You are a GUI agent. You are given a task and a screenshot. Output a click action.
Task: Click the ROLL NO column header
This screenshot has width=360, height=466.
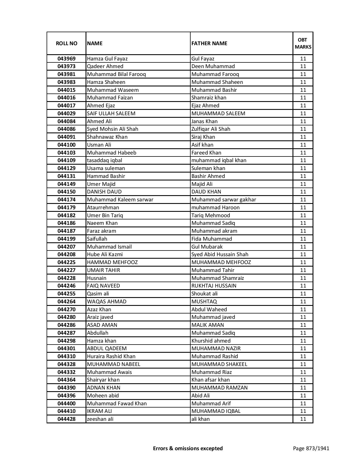tap(66, 43)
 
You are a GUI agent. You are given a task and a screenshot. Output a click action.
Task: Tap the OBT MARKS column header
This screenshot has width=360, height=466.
tap(303, 43)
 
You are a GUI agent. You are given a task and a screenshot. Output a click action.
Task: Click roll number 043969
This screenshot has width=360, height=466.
tap(66, 59)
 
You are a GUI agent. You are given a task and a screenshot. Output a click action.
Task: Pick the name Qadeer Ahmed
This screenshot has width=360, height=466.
tap(105, 66)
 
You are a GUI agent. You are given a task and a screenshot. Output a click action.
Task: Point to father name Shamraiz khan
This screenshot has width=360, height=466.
tap(209, 98)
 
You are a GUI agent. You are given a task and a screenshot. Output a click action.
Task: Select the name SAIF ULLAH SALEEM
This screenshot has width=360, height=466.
tap(111, 114)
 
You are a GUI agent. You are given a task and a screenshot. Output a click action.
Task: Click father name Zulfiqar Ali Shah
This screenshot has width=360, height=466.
tap(211, 129)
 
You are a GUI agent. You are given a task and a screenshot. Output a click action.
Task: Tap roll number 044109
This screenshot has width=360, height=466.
tap(66, 160)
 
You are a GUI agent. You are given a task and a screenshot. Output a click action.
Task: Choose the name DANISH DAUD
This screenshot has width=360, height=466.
tap(104, 192)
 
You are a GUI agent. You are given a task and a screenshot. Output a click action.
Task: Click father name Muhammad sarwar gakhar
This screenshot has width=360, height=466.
tap(224, 200)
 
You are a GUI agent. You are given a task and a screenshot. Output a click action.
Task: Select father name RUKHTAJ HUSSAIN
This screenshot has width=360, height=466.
tap(214, 286)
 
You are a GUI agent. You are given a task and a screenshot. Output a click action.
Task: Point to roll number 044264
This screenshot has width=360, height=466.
tap(66, 302)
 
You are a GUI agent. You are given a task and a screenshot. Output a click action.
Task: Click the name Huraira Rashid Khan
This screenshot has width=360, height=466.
tap(111, 356)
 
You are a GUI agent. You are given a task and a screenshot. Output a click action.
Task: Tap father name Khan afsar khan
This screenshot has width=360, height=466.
tap(210, 380)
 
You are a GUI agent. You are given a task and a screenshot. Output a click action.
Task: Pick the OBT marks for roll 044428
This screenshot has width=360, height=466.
tap(303, 419)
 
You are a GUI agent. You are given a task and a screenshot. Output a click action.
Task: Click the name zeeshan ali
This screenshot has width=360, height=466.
tap(100, 419)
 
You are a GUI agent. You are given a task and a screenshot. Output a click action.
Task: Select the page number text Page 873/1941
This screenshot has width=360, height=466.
tap(311, 448)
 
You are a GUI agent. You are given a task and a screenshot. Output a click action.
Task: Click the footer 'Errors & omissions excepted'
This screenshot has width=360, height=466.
tap(188, 448)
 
